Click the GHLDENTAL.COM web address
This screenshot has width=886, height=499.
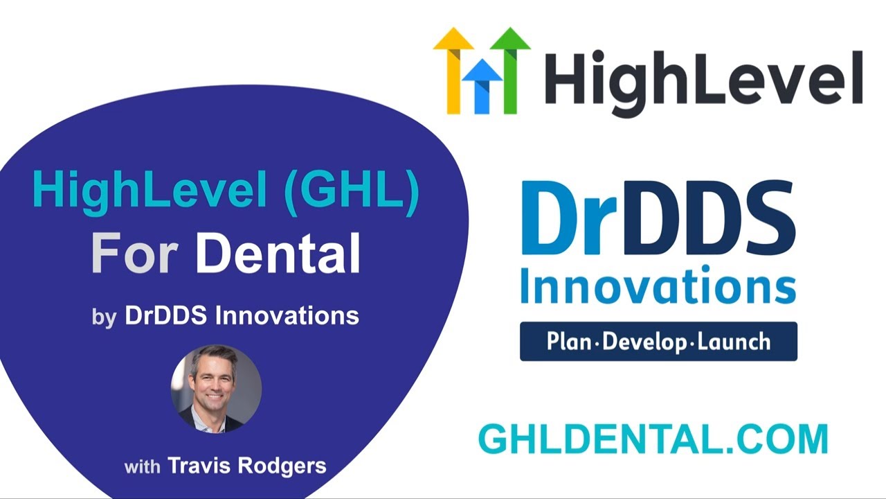tap(653, 439)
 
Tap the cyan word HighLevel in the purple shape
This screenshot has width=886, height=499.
tap(150, 191)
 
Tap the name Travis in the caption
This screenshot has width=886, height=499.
tap(200, 466)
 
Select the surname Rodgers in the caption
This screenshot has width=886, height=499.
tap(282, 466)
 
